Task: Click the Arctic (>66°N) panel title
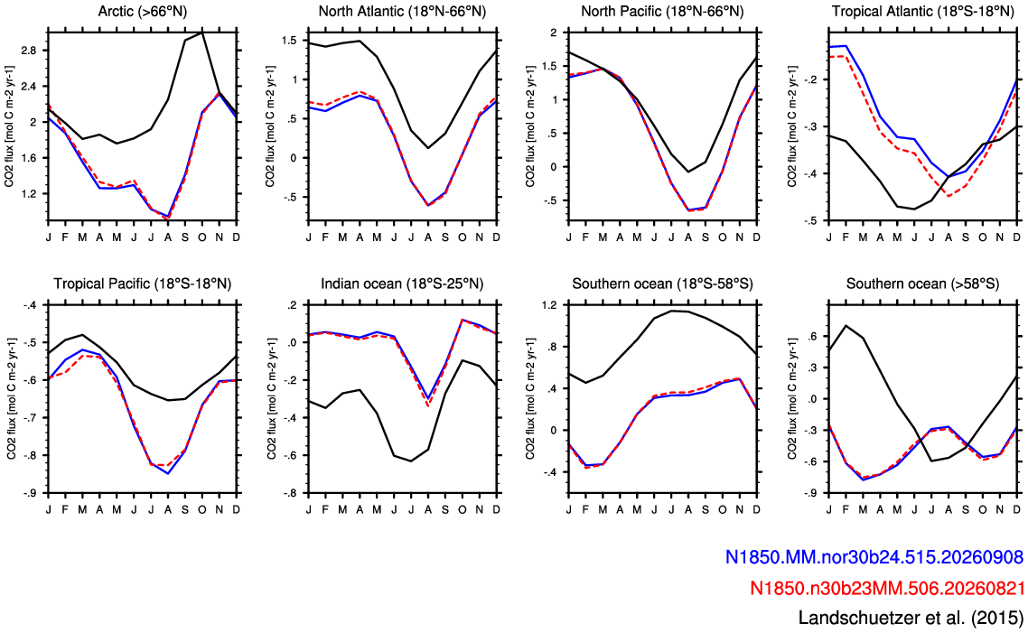[x=142, y=11]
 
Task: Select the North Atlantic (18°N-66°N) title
[x=402, y=11]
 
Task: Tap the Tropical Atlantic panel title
[x=922, y=11]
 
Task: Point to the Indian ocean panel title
[x=402, y=284]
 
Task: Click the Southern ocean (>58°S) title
[x=922, y=284]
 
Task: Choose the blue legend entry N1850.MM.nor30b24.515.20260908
[x=874, y=557]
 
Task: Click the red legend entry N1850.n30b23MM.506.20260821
[x=886, y=587]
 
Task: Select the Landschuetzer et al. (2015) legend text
[x=911, y=618]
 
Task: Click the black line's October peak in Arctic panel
[x=202, y=32]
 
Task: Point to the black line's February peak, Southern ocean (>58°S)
[x=846, y=325]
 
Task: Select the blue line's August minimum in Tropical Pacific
[x=169, y=473]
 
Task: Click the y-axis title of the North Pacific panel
[x=531, y=126]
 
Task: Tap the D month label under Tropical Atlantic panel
[x=1017, y=237]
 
